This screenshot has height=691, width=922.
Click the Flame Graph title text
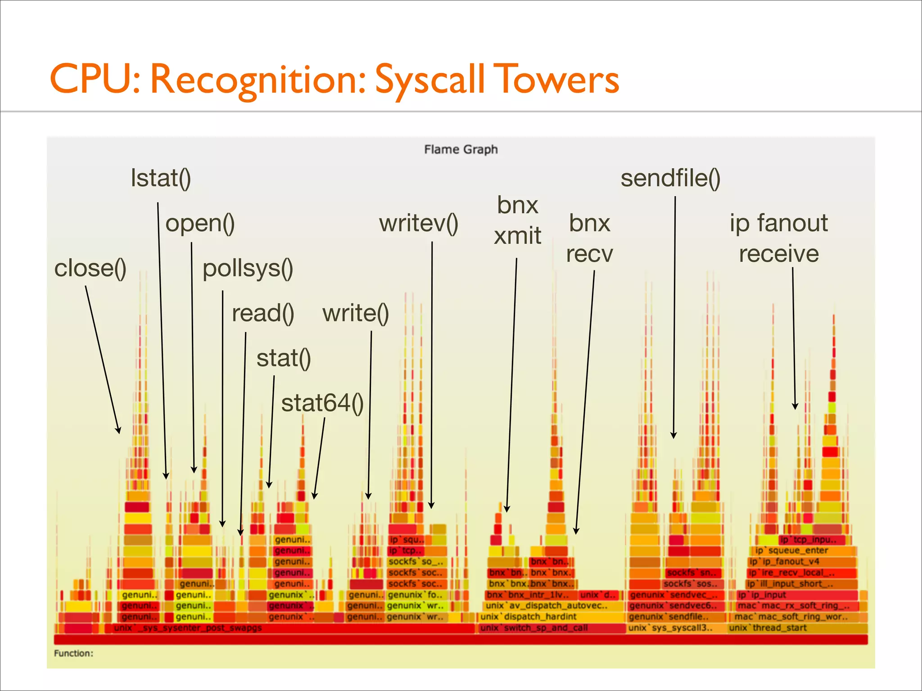pos(461,149)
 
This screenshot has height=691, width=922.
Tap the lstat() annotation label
pos(161,178)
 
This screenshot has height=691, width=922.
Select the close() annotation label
pos(90,268)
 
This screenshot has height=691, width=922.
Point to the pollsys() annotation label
pos(248,269)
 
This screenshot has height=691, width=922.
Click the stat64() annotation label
pos(322,403)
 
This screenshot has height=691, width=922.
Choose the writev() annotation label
pos(419,224)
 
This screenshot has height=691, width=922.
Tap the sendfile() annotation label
pos(670,178)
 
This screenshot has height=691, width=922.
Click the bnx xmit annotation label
pos(517,220)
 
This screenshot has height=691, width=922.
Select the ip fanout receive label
pos(779,238)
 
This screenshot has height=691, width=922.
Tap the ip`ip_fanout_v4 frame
pos(784,561)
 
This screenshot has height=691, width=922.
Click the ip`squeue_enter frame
pos(791,551)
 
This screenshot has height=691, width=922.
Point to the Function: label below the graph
pos(73,653)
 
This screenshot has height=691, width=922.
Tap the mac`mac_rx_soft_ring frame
pos(793,606)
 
